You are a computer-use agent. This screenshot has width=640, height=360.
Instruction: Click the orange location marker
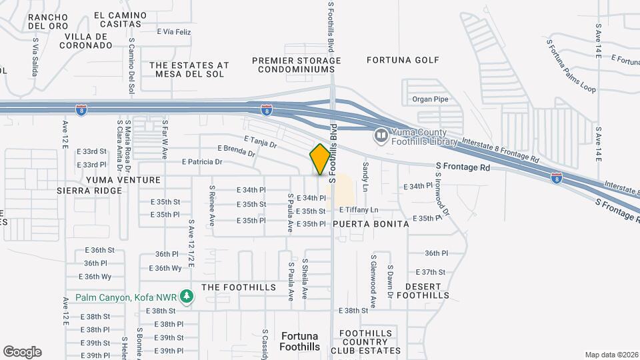320,159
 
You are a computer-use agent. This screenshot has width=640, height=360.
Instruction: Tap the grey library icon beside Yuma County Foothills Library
381,136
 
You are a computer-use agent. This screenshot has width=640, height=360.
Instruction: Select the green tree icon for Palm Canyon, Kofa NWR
188,296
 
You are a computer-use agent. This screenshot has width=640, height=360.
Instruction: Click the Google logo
22,352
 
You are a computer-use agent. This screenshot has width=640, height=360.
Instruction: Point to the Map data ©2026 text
611,355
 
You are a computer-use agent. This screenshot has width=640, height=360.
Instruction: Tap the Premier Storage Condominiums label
297,65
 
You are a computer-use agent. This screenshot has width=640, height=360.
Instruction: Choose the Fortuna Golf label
403,60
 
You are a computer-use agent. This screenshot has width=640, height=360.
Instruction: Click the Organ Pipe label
427,99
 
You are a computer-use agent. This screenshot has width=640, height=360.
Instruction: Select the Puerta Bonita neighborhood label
371,224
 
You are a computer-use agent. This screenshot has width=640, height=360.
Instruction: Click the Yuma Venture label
123,180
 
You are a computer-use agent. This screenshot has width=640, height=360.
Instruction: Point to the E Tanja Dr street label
261,141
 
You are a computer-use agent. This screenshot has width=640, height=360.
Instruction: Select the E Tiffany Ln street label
363,210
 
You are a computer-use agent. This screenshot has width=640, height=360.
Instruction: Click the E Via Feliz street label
174,31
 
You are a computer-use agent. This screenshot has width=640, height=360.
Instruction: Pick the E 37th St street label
430,272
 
